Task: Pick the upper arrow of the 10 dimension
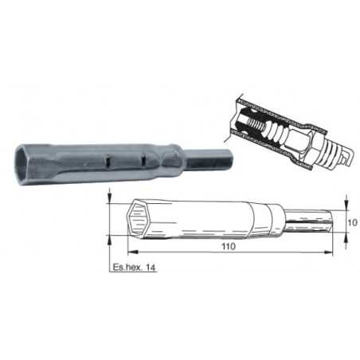(344, 203)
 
